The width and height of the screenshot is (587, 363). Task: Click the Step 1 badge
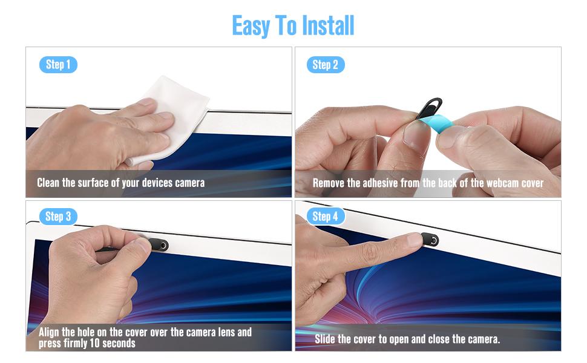pyautogui.click(x=58, y=65)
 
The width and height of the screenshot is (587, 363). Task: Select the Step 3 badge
pyautogui.click(x=58, y=216)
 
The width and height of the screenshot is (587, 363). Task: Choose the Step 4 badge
pyautogui.click(x=326, y=216)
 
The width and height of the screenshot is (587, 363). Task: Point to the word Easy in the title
pyautogui.click(x=251, y=25)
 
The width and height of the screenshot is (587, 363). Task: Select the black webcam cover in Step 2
pyautogui.click(x=428, y=107)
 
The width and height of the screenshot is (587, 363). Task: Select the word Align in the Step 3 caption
pyautogui.click(x=50, y=332)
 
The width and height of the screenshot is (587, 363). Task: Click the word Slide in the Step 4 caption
pyautogui.click(x=326, y=339)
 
